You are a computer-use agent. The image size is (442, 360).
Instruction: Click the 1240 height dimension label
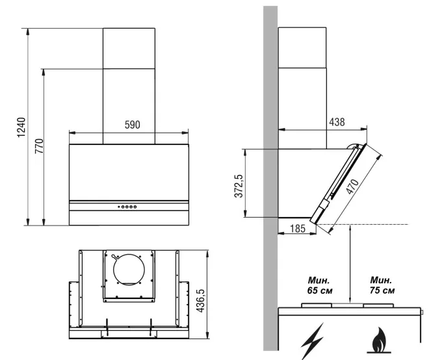21,127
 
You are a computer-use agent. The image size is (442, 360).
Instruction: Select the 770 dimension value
39,146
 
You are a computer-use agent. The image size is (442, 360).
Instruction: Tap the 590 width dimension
133,125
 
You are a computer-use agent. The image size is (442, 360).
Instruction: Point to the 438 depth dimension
337,122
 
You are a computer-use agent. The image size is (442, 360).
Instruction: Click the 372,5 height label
239,186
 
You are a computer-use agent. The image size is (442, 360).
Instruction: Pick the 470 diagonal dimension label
353,186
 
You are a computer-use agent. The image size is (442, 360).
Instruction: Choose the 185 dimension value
298,228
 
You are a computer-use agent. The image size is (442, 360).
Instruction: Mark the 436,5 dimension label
200,300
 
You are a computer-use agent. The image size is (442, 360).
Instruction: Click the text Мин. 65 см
320,285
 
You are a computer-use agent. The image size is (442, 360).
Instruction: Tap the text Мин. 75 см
382,285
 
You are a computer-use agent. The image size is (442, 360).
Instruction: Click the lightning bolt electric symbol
312,341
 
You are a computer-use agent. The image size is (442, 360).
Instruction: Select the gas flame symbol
379,341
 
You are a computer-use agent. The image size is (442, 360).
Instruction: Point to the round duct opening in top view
129,270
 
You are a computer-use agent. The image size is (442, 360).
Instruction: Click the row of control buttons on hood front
127,207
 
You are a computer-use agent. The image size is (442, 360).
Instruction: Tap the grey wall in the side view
270,178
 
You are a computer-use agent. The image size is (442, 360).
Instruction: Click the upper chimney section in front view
129,48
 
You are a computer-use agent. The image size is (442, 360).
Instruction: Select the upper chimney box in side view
302,47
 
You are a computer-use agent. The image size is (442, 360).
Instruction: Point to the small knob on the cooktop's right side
422,313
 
